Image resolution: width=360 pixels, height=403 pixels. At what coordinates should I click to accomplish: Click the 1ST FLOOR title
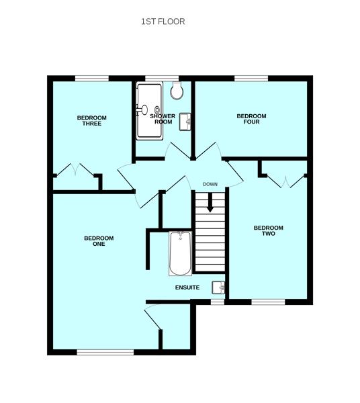click(x=163, y=21)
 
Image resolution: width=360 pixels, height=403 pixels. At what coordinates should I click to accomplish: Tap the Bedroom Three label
click(x=92, y=120)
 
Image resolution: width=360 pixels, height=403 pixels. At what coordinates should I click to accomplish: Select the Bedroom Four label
click(x=251, y=119)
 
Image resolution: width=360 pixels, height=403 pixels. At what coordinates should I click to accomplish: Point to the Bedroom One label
click(x=99, y=241)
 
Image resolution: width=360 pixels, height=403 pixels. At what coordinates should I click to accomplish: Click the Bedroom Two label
click(x=269, y=230)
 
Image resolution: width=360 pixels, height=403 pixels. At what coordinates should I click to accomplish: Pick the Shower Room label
click(x=163, y=119)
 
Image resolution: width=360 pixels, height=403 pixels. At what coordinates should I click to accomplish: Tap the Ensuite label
click(x=187, y=287)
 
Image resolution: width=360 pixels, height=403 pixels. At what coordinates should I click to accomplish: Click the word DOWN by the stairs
click(x=210, y=184)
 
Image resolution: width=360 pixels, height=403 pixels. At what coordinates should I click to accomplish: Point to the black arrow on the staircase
click(x=210, y=203)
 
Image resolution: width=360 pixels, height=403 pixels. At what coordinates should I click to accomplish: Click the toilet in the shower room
click(x=177, y=90)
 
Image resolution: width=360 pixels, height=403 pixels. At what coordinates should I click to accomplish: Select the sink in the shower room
click(x=185, y=122)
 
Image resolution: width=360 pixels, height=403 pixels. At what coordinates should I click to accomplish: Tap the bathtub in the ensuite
click(x=181, y=253)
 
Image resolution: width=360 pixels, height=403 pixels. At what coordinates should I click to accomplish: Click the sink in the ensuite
click(x=218, y=287)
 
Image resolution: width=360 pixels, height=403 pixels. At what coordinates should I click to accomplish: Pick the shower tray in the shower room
click(x=149, y=111)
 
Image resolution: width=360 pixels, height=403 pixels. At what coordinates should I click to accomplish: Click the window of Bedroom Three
click(x=92, y=79)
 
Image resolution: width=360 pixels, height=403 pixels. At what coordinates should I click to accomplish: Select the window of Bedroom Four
click(x=251, y=79)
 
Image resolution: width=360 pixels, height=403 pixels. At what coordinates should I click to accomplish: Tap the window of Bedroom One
click(x=105, y=353)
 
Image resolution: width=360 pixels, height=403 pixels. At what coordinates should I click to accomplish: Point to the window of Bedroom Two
click(x=268, y=302)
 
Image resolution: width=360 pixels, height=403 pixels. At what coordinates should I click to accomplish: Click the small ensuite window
click(x=218, y=302)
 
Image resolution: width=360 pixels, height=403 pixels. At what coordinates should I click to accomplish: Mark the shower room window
click(x=162, y=79)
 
